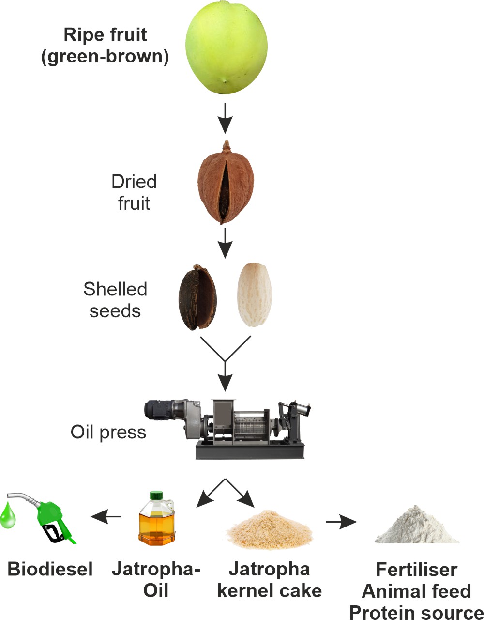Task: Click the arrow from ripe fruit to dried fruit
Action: click(x=225, y=118)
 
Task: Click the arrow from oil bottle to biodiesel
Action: click(x=106, y=517)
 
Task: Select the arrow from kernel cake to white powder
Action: click(x=341, y=522)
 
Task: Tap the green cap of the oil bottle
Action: click(x=156, y=496)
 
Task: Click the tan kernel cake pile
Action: click(x=270, y=530)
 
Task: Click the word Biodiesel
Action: click(x=50, y=569)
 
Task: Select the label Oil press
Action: click(x=108, y=432)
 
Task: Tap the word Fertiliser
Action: click(x=416, y=570)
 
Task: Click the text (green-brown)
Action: click(x=105, y=57)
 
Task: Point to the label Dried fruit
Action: click(x=134, y=192)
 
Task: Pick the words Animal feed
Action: click(x=416, y=591)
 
